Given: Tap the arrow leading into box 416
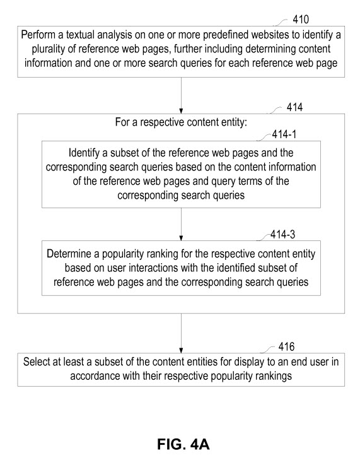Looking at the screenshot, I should [181, 335].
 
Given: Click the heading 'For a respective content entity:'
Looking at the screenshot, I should [181, 123].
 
